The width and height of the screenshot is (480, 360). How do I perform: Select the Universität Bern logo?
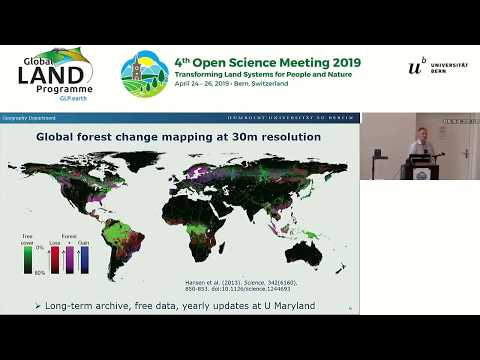pos(438,68)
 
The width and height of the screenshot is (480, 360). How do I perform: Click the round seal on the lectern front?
pos(418,171)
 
